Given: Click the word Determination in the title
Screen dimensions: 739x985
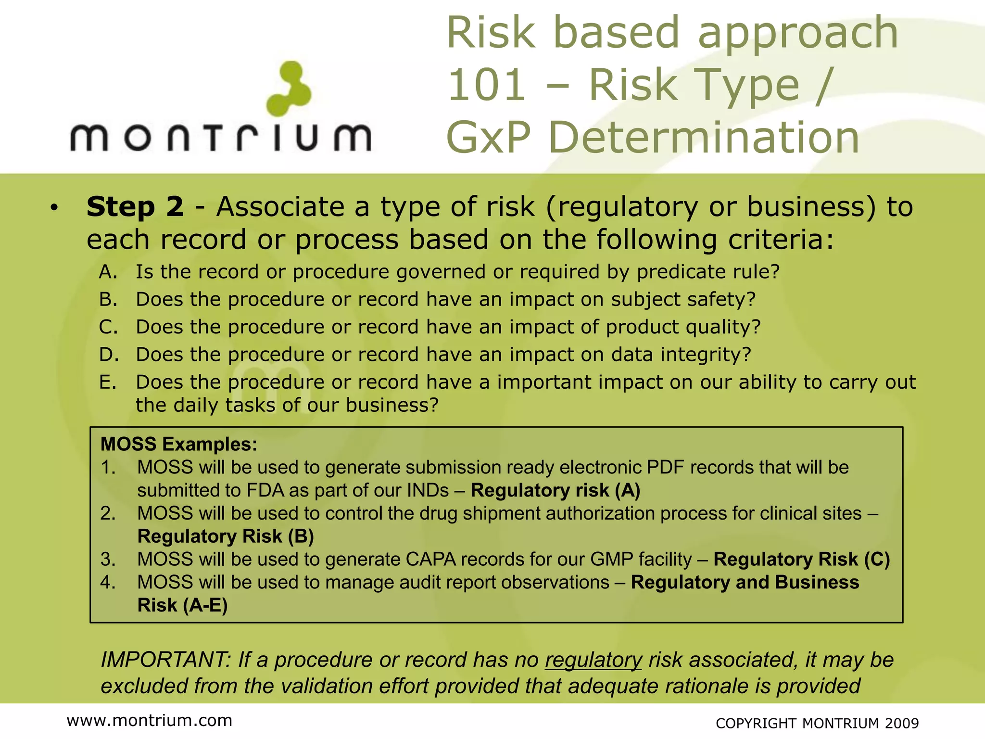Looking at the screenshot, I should click(704, 138).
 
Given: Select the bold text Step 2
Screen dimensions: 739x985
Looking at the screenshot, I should click(135, 207).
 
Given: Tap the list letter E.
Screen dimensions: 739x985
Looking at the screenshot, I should click(108, 382).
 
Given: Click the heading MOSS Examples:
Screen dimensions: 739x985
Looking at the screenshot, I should click(179, 444).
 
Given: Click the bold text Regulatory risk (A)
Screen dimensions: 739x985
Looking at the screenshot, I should click(556, 490).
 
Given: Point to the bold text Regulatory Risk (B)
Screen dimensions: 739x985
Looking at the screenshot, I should click(226, 536).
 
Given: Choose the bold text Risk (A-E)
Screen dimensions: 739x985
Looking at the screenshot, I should click(182, 605).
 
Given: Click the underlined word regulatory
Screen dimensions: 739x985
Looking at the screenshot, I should click(593, 660).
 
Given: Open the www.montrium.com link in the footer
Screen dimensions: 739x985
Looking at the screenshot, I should click(150, 720).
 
